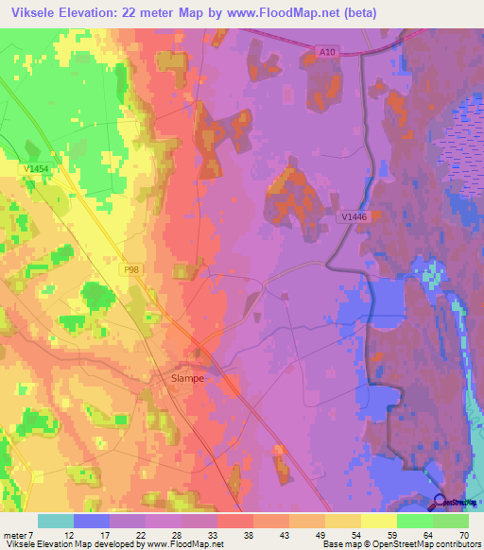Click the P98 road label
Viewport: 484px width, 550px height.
pyautogui.click(x=133, y=268)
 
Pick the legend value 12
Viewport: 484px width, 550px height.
pyautogui.click(x=69, y=534)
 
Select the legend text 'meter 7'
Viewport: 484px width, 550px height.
pyautogui.click(x=20, y=534)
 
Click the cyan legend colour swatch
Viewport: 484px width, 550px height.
pyautogui.click(x=56, y=521)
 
